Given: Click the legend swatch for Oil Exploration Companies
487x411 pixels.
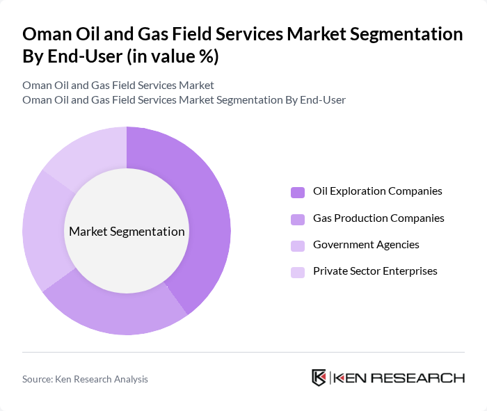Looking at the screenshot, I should click(x=298, y=192).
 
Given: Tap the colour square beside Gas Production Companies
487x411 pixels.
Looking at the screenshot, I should click(x=298, y=219).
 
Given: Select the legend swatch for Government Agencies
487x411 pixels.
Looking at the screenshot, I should click(x=298, y=245).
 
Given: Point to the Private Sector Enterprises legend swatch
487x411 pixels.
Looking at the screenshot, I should click(x=298, y=272).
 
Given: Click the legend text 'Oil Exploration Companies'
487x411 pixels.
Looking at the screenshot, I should click(x=377, y=191).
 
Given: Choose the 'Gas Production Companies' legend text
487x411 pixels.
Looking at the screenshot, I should click(x=378, y=218).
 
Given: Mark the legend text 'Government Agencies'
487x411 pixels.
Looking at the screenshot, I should click(x=366, y=244).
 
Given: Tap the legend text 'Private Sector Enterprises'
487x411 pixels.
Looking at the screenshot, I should click(x=375, y=271).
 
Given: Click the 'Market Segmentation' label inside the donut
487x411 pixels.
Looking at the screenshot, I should click(x=127, y=232).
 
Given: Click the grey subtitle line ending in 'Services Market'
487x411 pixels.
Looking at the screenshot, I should click(x=118, y=85).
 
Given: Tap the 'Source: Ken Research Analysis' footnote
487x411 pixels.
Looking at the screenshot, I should click(x=85, y=379).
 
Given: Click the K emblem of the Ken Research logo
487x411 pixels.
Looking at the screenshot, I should click(x=319, y=378).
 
